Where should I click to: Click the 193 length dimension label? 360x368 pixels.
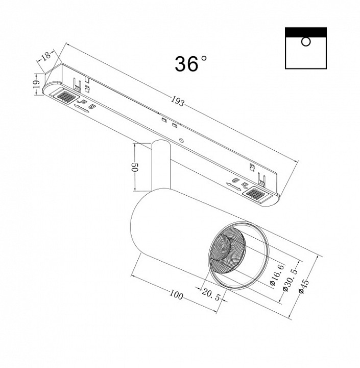pos(178,101)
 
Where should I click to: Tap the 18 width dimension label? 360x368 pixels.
pos(45,56)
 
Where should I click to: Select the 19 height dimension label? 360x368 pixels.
pos(36,84)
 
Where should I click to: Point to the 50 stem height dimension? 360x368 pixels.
pos(135,167)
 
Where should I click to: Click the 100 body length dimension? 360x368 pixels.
pos(176,294)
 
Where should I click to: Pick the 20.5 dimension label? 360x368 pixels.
pos(211,295)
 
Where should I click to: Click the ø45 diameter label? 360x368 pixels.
pos(304,286)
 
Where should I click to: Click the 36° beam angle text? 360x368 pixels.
pos(191,63)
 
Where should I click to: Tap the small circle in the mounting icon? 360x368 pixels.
pos(305,42)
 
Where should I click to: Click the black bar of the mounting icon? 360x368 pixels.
pos(305,32)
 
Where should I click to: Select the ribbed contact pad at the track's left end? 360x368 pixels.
pos(65,96)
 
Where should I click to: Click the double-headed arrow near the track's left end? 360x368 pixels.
pos(81,109)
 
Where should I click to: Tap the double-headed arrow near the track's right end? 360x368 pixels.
pos(233,187)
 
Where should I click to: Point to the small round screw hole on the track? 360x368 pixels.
pos(181,140)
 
